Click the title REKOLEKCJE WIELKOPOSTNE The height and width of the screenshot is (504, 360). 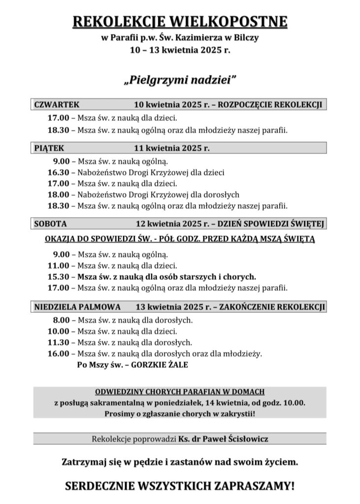coord(180,22)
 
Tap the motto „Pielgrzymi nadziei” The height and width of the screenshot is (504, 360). coord(180,79)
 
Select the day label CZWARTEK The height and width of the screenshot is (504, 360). coord(57,105)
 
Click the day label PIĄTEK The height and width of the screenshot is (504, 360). coord(49,147)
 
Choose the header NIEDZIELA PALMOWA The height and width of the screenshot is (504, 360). coord(77,307)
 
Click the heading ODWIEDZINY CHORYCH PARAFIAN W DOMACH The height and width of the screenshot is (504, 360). coord(180,392)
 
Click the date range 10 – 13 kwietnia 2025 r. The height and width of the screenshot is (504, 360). coord(180,50)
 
